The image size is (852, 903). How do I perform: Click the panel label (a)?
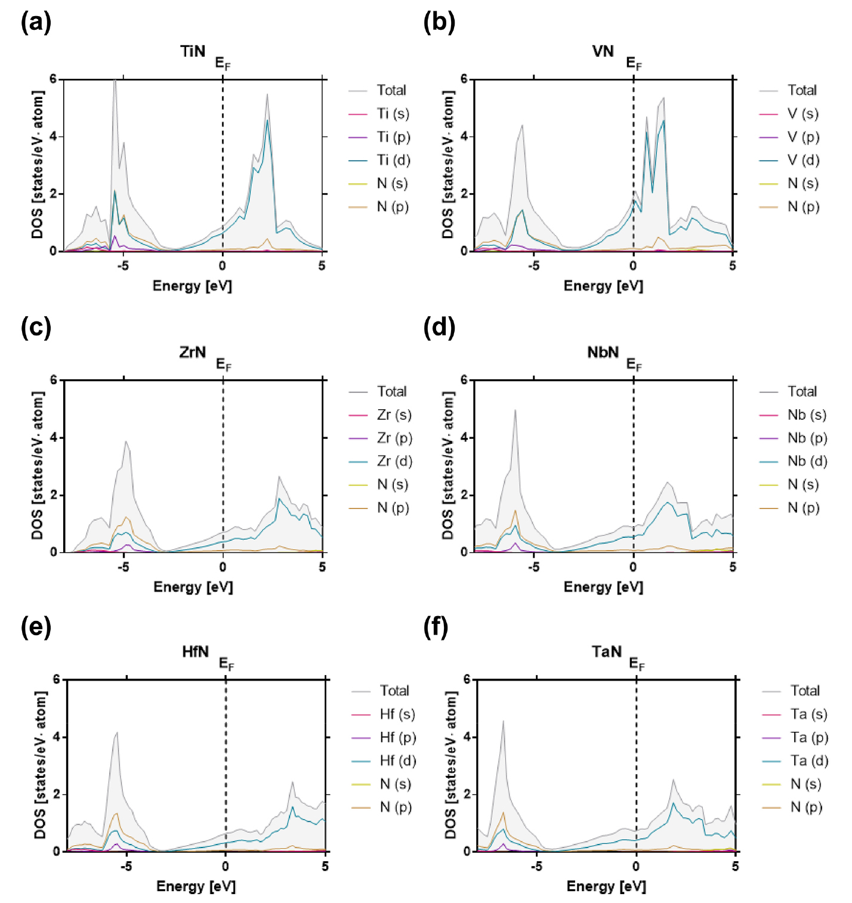coord(36,23)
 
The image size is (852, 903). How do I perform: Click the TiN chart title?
coord(193,51)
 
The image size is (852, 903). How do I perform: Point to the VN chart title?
coord(603,51)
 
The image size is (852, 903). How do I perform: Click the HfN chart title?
coord(195,651)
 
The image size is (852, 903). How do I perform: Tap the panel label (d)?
coord(439,327)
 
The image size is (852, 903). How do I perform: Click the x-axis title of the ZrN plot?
coord(193,587)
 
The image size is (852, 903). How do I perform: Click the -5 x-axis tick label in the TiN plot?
coord(122,265)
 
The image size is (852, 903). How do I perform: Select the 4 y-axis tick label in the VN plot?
coord(464,137)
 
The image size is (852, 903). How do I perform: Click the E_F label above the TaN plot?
coord(637,664)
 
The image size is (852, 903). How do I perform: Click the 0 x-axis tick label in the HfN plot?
coord(226,866)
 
